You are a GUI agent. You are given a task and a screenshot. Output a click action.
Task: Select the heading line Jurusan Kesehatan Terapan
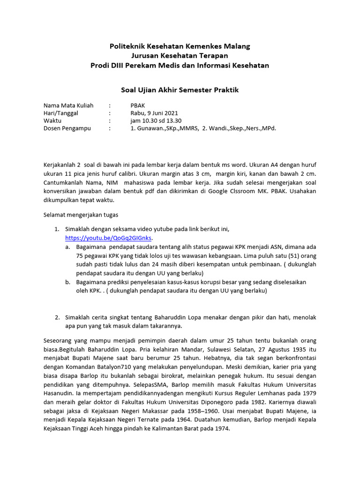180,56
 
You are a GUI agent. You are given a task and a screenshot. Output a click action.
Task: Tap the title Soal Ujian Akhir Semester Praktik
180,90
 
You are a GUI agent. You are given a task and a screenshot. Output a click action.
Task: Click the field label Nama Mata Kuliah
68,105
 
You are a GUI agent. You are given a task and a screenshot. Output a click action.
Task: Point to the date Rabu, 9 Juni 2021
154,113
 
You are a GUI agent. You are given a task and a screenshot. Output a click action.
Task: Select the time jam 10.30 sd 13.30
155,120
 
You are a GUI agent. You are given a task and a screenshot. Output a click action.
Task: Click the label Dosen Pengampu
67,128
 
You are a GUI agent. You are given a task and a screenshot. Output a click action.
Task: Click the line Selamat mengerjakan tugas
81,215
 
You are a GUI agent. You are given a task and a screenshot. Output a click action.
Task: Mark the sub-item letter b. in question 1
68,282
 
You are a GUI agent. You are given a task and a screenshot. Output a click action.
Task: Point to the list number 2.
56,317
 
